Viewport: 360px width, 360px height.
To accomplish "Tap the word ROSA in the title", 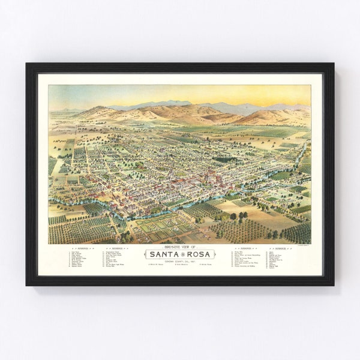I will pyautogui.click(x=199, y=254).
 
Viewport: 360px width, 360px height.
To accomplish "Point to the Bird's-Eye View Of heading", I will pyautogui.click(x=180, y=247).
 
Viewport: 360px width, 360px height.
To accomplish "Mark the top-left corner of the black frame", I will pyautogui.click(x=27, y=64).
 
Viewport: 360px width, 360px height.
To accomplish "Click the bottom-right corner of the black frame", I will pyautogui.click(x=333, y=284).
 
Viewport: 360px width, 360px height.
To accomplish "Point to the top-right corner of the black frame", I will pyautogui.click(x=333, y=64).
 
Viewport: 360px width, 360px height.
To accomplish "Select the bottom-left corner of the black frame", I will pyautogui.click(x=27, y=284).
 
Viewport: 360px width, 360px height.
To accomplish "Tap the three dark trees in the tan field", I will pyautogui.click(x=236, y=216).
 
